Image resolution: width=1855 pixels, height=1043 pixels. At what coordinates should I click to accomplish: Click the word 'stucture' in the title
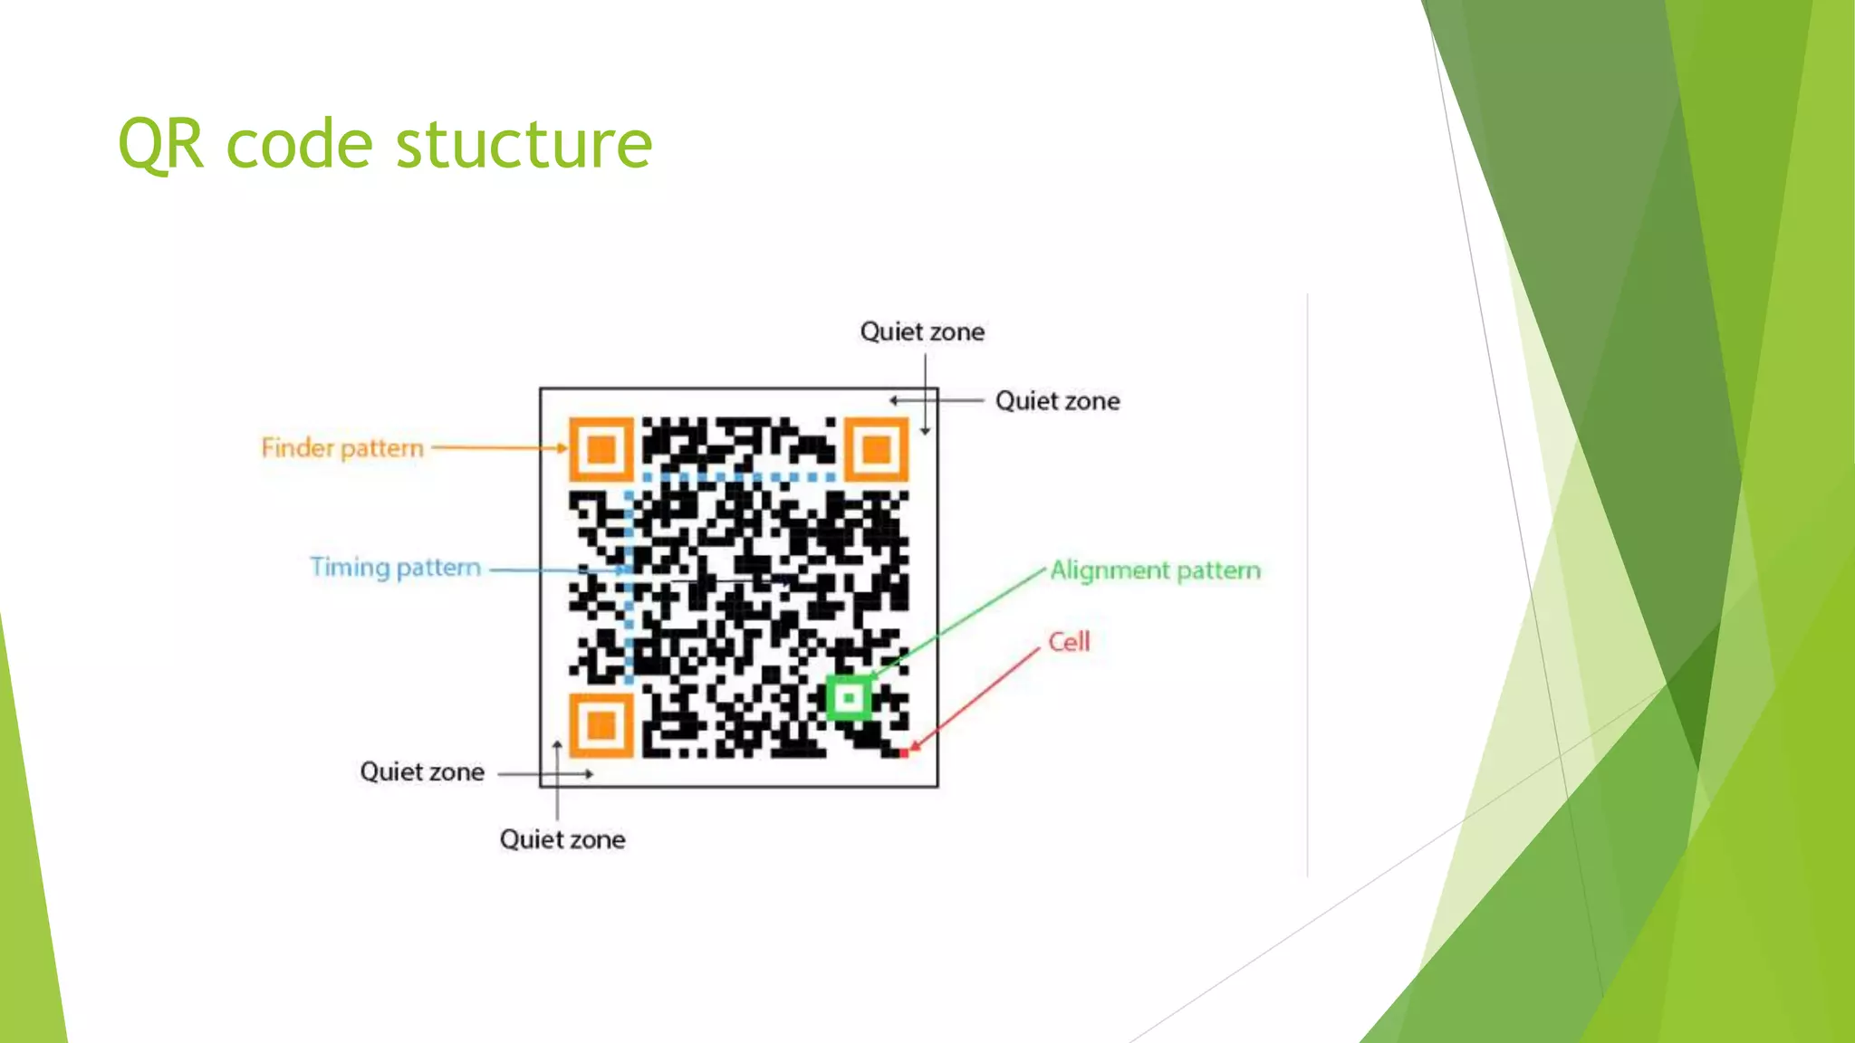point(524,145)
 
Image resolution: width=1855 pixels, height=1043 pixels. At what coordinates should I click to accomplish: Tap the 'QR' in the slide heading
point(160,145)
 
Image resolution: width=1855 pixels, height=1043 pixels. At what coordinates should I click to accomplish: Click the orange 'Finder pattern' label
point(342,448)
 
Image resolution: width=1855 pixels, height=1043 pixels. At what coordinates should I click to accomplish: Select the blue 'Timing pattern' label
point(395,568)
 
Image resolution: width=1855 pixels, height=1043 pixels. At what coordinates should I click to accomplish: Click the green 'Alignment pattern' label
point(1155,570)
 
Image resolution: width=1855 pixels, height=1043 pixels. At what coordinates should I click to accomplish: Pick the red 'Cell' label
point(1069,642)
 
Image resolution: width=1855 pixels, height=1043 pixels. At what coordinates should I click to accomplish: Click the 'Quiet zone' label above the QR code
point(922,331)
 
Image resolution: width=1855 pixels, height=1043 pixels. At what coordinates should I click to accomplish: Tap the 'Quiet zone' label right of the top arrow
point(1057,401)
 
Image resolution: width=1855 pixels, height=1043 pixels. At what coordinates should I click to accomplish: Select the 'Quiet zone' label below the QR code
point(562,839)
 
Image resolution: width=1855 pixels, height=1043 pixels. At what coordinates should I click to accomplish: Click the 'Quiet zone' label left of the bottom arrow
point(422,772)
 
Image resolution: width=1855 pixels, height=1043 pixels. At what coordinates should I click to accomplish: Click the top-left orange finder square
point(601,448)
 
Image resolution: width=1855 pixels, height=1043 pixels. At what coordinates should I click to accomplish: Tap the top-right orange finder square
point(876,448)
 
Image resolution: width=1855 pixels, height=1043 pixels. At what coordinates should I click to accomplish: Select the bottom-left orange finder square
point(601,725)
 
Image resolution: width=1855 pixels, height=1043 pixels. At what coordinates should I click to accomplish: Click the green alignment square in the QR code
point(850,698)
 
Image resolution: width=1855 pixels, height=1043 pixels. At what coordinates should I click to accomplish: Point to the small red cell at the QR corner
point(904,753)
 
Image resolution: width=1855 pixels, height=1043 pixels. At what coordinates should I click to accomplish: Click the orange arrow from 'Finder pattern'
point(498,447)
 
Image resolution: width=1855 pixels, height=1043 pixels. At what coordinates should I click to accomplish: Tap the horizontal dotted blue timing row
point(738,476)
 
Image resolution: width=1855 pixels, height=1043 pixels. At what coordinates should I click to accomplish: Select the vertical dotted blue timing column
point(629,588)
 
